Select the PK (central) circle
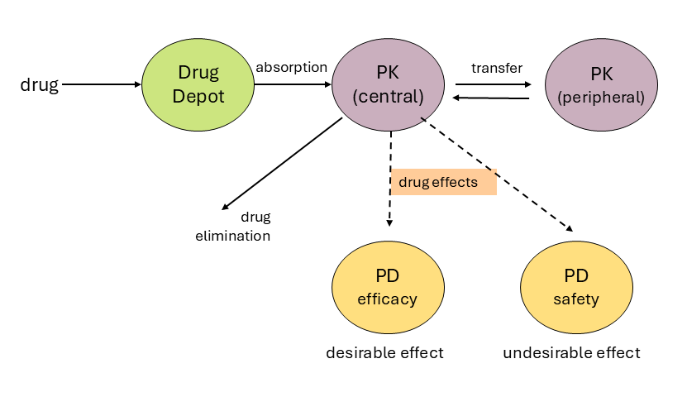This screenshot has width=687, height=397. pos(388,84)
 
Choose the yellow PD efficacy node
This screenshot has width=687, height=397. pos(387,287)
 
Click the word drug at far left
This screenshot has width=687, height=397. pos(39,84)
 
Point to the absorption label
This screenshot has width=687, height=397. pos(291,67)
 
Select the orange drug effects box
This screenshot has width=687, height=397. pos(443,182)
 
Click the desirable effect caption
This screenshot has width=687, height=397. pos(384,353)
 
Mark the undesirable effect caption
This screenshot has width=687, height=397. pos(571,353)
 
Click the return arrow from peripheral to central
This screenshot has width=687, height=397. pos(492,98)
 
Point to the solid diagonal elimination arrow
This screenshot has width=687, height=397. pos(281,164)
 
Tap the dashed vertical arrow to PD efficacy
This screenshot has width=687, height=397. pos(389,198)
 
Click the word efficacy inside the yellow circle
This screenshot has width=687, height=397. pos(387,299)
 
